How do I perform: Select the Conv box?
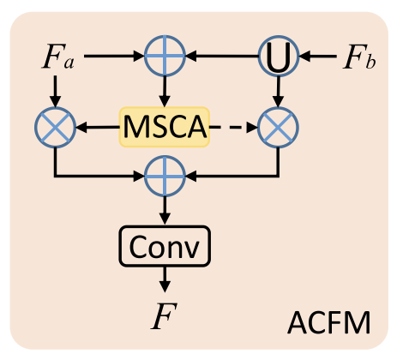click(163, 248)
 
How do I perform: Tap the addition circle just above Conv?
click(164, 177)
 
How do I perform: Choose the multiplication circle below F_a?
click(54, 128)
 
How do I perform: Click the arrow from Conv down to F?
click(164, 280)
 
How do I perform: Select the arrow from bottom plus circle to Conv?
click(164, 213)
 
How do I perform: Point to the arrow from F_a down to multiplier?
click(54, 91)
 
